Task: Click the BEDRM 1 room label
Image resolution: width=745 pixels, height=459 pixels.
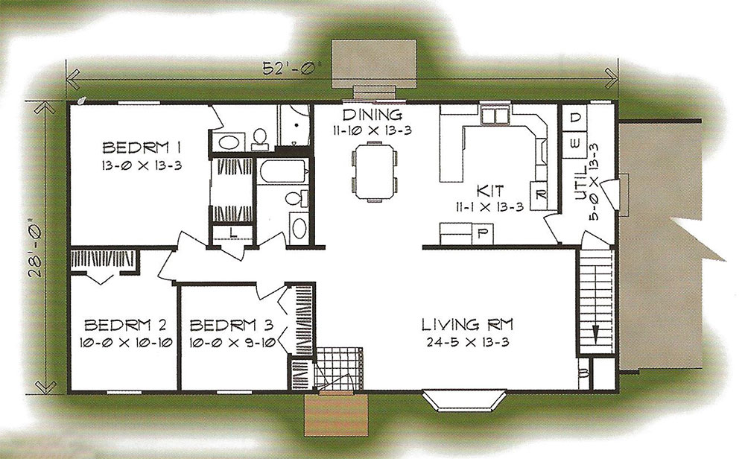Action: click(142, 148)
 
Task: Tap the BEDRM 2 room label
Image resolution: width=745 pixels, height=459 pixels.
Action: click(125, 325)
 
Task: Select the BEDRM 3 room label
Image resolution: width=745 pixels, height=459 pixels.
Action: click(232, 325)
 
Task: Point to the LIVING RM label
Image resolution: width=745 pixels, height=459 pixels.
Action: click(468, 325)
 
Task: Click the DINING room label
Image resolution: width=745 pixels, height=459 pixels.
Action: click(372, 115)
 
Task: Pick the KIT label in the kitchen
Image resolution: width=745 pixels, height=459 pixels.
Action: click(490, 191)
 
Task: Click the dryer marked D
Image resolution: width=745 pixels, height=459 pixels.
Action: click(575, 118)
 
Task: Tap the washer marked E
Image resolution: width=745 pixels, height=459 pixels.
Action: click(575, 144)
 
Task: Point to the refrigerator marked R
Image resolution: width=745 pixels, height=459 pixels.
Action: click(540, 194)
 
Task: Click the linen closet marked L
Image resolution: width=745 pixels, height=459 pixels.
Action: click(232, 232)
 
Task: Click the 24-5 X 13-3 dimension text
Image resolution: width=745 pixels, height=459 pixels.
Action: click(468, 342)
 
